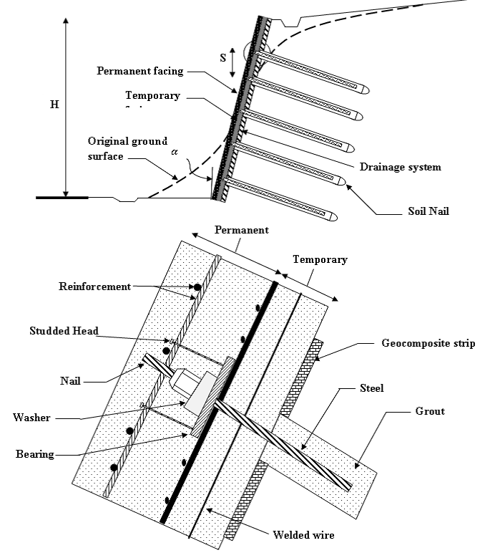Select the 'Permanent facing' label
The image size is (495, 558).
click(x=140, y=71)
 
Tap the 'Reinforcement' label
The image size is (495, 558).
click(x=95, y=287)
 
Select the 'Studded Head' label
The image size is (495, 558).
click(x=65, y=331)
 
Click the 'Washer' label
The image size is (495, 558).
click(x=32, y=417)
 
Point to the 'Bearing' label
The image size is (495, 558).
click(x=36, y=454)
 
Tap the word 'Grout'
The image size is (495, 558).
click(x=430, y=412)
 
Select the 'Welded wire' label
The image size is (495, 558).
click(x=303, y=534)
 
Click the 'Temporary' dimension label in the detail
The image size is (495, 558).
click(x=320, y=259)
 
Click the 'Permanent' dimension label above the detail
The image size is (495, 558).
click(x=241, y=230)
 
